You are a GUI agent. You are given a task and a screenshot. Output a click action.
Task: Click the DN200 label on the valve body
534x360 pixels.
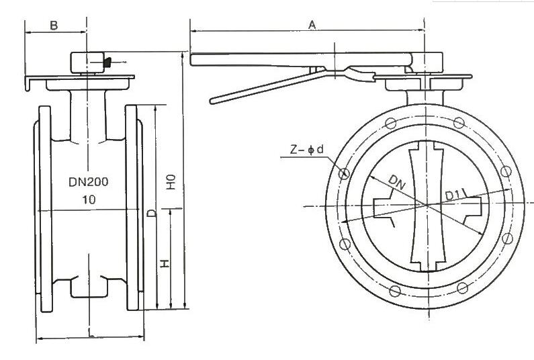tap(88, 182)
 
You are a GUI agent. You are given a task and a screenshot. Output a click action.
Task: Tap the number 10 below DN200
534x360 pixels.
tap(88, 199)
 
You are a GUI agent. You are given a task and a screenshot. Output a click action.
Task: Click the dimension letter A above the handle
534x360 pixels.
tap(312, 24)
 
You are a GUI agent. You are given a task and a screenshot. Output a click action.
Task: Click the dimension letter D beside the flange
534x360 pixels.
tap(152, 214)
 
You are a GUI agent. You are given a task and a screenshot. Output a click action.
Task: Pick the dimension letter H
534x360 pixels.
tap(165, 263)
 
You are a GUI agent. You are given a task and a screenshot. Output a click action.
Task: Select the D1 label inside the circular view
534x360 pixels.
tap(452, 195)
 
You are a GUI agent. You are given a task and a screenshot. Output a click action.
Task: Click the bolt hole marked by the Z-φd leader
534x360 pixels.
tap(345, 175)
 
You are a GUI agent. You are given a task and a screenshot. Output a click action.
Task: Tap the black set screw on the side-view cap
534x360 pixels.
tap(105, 63)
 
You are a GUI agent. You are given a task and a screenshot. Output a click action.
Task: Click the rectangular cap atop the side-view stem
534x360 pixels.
tap(88, 62)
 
